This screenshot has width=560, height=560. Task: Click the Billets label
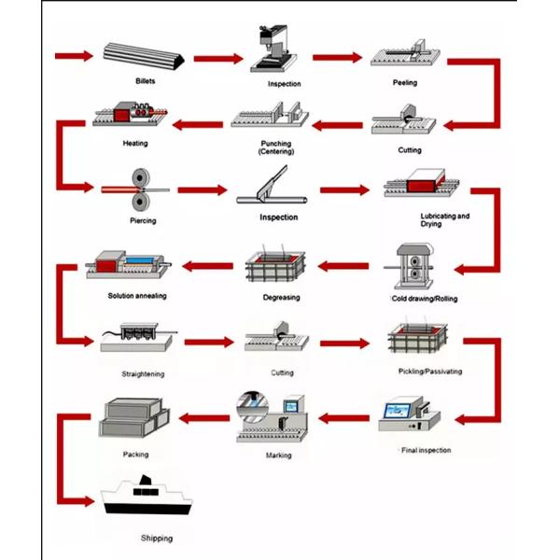tap(144, 81)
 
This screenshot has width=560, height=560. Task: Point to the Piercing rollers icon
tap(143, 190)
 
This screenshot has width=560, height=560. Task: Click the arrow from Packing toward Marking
tap(200, 416)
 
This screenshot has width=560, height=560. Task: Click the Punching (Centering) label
tap(275, 147)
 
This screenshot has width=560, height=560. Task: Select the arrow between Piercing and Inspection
tap(203, 190)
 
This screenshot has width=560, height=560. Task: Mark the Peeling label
tap(405, 83)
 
